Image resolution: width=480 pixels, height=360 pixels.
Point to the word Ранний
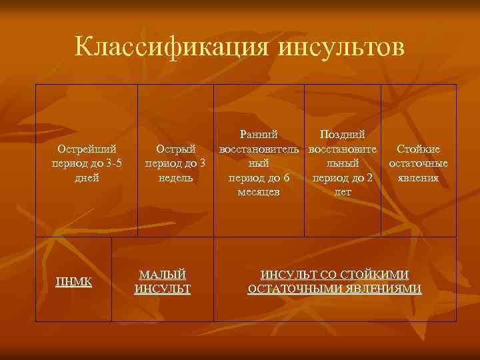tap(259, 135)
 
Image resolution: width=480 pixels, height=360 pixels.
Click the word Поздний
tap(342, 135)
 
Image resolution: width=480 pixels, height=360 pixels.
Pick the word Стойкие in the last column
tap(418, 149)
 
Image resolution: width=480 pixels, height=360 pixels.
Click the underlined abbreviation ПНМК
tap(73, 282)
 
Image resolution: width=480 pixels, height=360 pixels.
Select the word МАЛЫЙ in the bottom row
tap(163, 275)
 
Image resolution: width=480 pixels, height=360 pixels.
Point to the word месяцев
tap(259, 192)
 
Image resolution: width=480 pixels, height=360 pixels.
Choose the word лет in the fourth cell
tap(342, 192)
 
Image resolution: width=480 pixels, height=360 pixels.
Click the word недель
tap(175, 178)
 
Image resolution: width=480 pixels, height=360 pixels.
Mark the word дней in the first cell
tap(87, 178)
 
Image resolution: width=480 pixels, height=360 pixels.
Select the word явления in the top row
tap(418, 178)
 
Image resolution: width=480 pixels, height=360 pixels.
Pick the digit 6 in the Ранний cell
tap(286, 178)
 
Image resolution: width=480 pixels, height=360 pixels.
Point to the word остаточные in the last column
tap(418, 164)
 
